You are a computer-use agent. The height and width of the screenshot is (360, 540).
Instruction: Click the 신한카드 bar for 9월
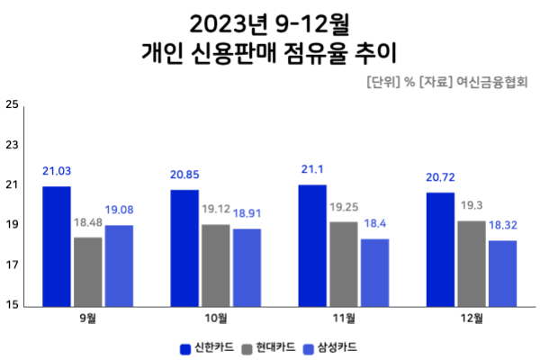tap(57, 246)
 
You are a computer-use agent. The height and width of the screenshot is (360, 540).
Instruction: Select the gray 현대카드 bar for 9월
tap(88, 271)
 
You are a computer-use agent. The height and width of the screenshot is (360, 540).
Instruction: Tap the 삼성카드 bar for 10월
tap(247, 267)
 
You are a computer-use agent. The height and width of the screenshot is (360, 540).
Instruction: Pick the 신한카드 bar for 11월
tap(312, 245)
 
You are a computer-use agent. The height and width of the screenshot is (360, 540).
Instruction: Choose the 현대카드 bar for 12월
tap(472, 263)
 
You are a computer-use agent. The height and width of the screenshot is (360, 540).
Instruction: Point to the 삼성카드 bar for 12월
tap(502, 273)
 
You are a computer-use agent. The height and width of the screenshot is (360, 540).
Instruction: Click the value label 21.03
tap(57, 171)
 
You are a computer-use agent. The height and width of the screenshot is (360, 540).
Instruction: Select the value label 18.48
tap(88, 222)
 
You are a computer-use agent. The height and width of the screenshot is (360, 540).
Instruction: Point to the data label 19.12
tap(216, 209)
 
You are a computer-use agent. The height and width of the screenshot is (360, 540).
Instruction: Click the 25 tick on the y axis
tap(12, 104)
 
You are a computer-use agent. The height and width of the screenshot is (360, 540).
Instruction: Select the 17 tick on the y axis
tap(12, 265)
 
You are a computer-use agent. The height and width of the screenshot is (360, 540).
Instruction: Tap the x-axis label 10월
tap(216, 319)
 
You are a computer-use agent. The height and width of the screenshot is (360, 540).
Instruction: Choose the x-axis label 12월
tap(472, 319)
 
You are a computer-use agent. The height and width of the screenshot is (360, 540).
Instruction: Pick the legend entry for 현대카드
tap(270, 346)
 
